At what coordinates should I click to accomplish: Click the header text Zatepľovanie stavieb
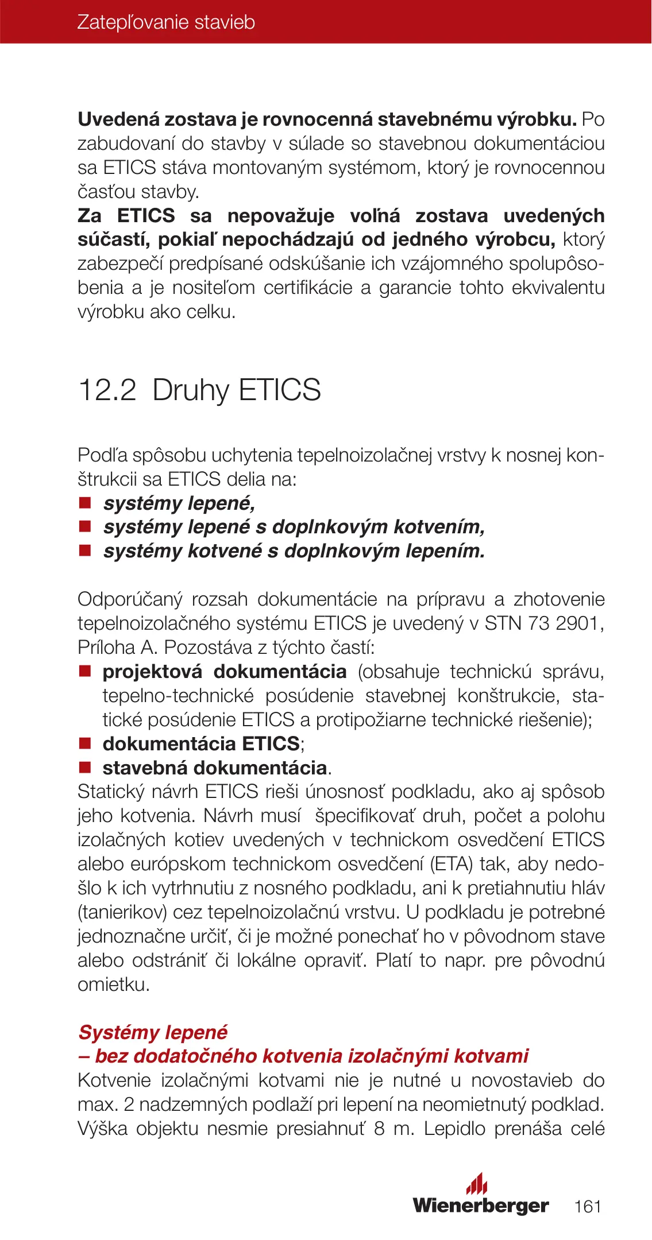tap(166, 22)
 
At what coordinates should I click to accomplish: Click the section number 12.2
tap(107, 390)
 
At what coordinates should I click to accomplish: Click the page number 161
tap(588, 1206)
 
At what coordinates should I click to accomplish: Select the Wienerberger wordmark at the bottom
tap(481, 1205)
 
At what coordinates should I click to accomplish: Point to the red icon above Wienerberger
tap(477, 1183)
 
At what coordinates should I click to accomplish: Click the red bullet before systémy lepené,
tap(85, 503)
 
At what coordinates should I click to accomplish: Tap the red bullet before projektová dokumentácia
tap(85, 672)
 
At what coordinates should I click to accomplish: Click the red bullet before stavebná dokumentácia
tap(85, 768)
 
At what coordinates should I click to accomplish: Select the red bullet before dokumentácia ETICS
tap(85, 743)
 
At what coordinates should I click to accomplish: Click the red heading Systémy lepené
tap(153, 1032)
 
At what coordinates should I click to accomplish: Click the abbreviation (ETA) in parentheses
tap(452, 864)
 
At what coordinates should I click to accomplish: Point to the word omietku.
tap(114, 985)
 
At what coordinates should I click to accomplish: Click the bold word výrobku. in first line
tap(537, 119)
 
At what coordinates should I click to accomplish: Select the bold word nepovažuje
tap(281, 216)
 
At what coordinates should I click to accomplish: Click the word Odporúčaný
tap(130, 599)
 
